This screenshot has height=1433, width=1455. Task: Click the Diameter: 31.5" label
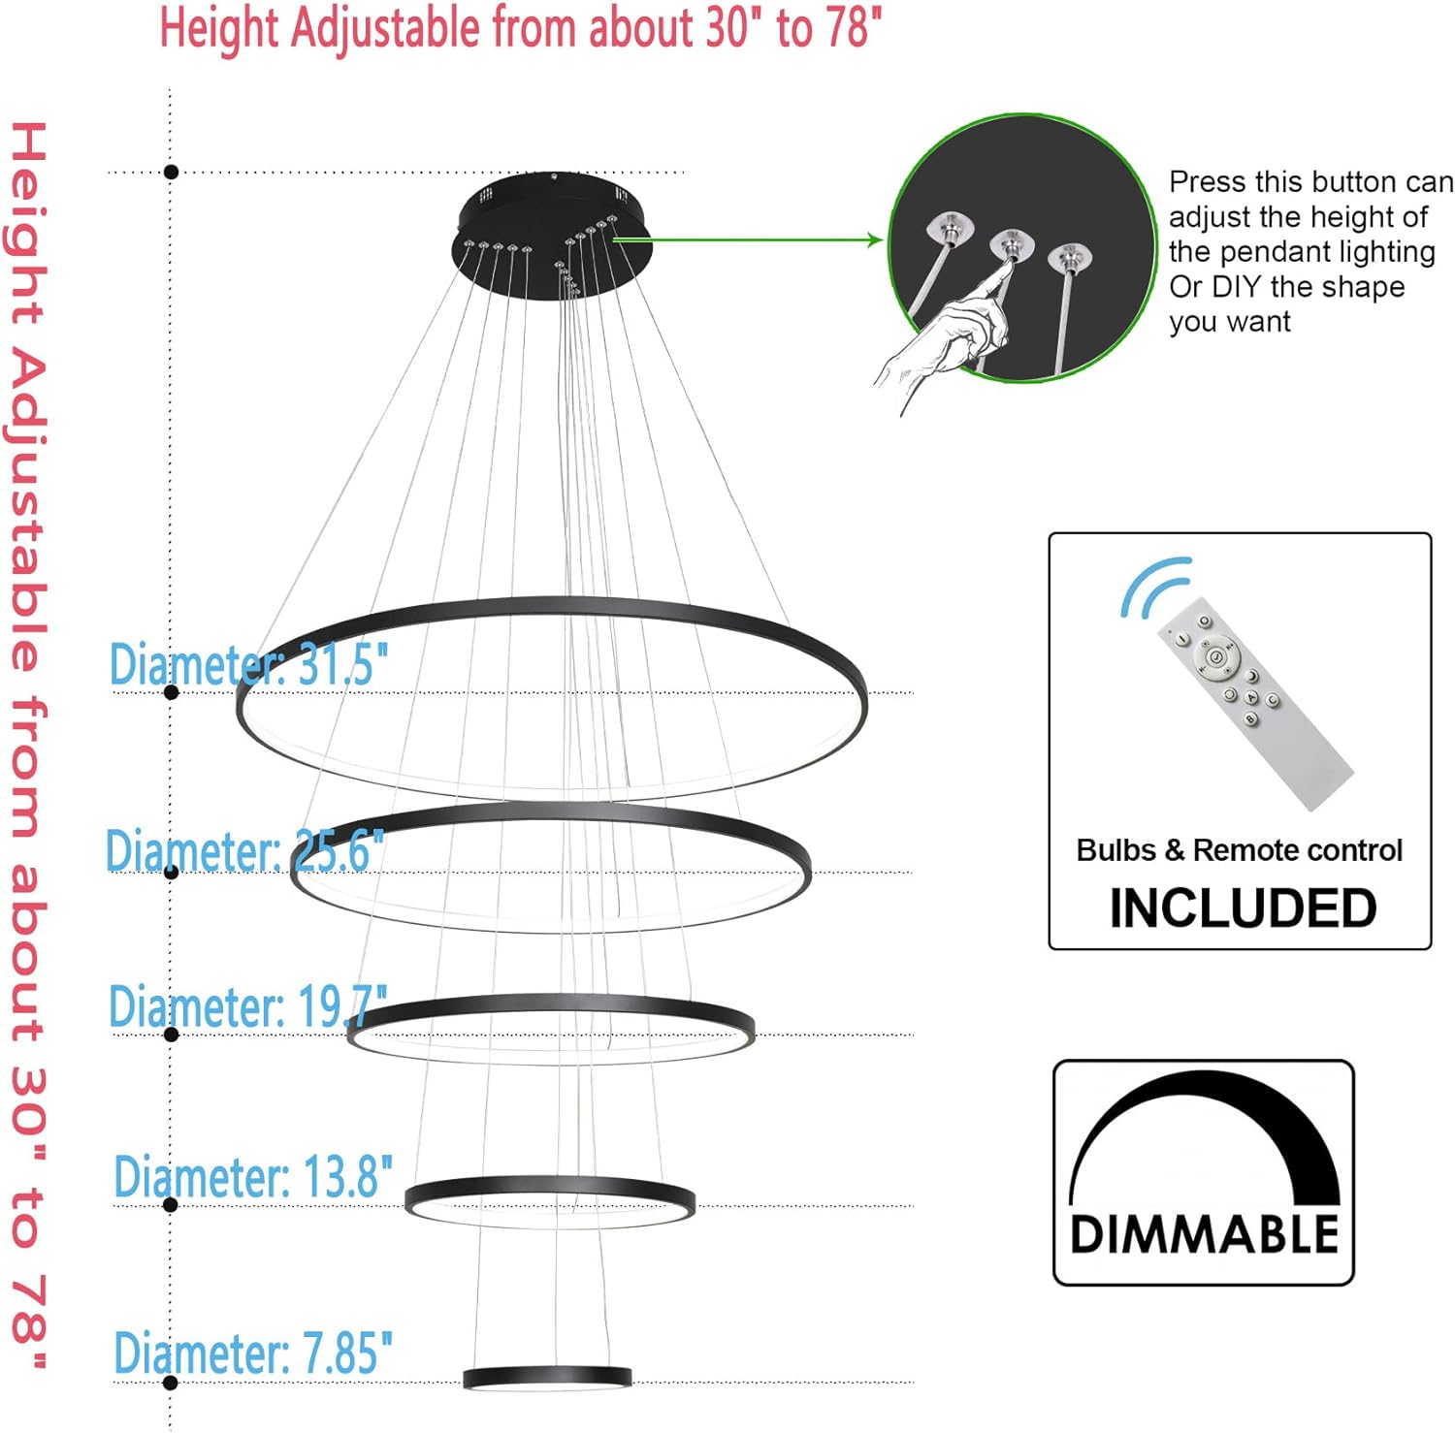click(x=248, y=664)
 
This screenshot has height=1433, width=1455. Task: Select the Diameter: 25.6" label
click(x=244, y=850)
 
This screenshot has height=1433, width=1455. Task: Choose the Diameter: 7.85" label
click(x=253, y=1353)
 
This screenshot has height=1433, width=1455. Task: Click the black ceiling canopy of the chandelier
click(x=552, y=238)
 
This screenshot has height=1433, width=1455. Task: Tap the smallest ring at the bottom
click(x=547, y=1377)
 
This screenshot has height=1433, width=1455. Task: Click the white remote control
click(x=1254, y=703)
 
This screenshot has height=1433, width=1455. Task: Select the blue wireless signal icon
click(x=1155, y=587)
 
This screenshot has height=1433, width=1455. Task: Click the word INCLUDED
click(x=1243, y=908)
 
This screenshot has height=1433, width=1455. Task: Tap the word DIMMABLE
click(x=1204, y=1234)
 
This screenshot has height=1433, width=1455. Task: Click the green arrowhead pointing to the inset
click(x=874, y=239)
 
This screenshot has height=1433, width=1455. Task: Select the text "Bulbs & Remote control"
click(x=1240, y=850)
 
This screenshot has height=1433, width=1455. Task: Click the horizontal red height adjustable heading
click(x=521, y=27)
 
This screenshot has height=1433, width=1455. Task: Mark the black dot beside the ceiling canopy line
click(x=172, y=172)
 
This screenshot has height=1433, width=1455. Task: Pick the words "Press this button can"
click(x=1310, y=182)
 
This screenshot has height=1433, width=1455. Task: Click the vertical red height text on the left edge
click(x=28, y=745)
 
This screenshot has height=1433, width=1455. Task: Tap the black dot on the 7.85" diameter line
click(x=172, y=1383)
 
